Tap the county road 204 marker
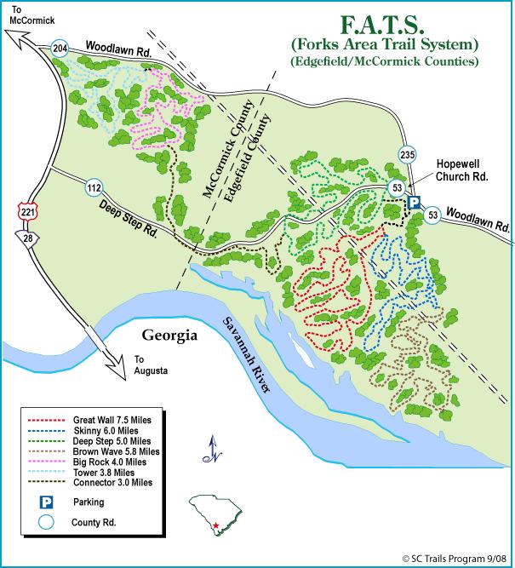(x=60, y=48)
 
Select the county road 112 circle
(x=93, y=185)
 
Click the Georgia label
(x=171, y=336)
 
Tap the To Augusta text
(x=152, y=366)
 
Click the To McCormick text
(x=25, y=14)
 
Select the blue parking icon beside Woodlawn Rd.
(x=414, y=203)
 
